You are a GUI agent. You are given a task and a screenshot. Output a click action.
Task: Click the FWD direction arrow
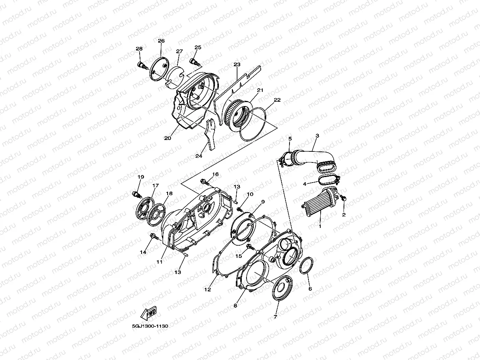[x=148, y=314]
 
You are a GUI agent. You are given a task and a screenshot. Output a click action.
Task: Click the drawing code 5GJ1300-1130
[x=150, y=326]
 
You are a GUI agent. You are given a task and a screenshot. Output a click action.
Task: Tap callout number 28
[x=139, y=48]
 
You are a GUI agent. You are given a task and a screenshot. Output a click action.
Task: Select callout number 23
[x=237, y=64]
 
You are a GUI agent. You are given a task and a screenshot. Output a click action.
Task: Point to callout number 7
[x=275, y=316]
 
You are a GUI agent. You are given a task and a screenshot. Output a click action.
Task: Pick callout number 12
[x=207, y=289]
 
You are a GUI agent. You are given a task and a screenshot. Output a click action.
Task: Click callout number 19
[x=141, y=177]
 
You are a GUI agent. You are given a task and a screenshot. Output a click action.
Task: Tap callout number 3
[x=317, y=136]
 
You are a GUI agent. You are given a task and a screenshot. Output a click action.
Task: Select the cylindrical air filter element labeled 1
[x=320, y=203]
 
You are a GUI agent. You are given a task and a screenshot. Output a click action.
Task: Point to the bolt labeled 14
[x=154, y=237]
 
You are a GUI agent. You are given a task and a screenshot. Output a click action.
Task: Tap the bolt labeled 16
[x=205, y=182]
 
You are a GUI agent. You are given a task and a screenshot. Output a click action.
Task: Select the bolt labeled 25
[x=194, y=62]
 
